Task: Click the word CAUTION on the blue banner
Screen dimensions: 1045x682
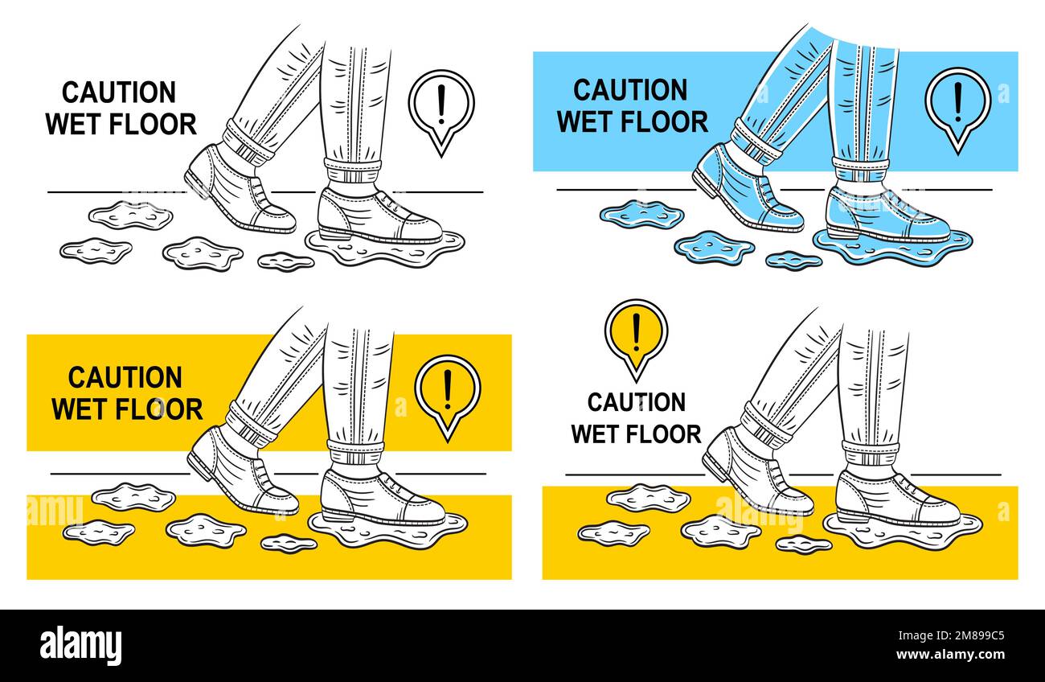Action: [x=630, y=89]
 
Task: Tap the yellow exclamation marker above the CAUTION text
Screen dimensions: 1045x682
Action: [x=637, y=339]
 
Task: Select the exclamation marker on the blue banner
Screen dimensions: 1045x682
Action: [x=957, y=109]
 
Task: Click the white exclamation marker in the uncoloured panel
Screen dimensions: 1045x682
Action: [x=441, y=112]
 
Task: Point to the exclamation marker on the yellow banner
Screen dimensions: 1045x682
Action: [x=448, y=396]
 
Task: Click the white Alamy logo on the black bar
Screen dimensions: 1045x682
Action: [x=80, y=646]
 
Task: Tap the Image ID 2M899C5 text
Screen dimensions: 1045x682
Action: [x=951, y=635]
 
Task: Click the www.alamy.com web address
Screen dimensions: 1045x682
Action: [x=951, y=655]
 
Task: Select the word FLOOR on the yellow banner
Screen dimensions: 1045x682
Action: [x=158, y=409]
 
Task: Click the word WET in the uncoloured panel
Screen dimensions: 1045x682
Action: [x=74, y=124]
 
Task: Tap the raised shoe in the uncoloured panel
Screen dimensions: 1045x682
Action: [x=240, y=188]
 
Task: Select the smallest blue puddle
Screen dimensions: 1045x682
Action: [x=793, y=261]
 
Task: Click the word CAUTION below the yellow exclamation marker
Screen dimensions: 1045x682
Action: [x=637, y=402]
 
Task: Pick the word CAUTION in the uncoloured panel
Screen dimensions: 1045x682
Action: [x=119, y=92]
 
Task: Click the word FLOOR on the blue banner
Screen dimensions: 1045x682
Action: [x=664, y=121]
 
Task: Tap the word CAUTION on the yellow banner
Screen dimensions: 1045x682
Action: [x=125, y=378]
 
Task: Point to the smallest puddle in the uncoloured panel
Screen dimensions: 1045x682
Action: [x=285, y=261]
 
